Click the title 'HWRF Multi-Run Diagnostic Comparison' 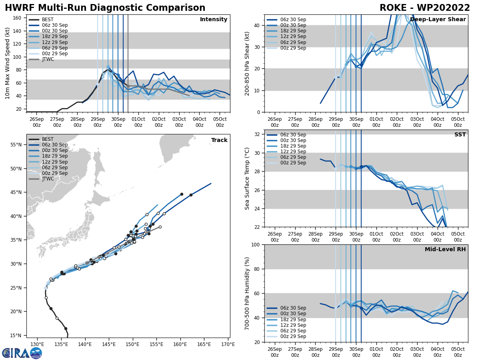point(105,8)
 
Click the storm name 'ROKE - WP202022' point(425,8)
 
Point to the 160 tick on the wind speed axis point(18,18)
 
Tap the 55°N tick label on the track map point(16,145)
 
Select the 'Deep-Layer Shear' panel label point(438,20)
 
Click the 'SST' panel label point(460,135)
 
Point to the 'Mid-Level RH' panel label point(445,250)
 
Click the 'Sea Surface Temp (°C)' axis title point(247,178)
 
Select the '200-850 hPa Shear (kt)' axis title point(247,64)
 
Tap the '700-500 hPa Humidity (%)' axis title point(247,293)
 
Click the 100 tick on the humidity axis point(256,245)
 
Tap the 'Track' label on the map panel point(219,140)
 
